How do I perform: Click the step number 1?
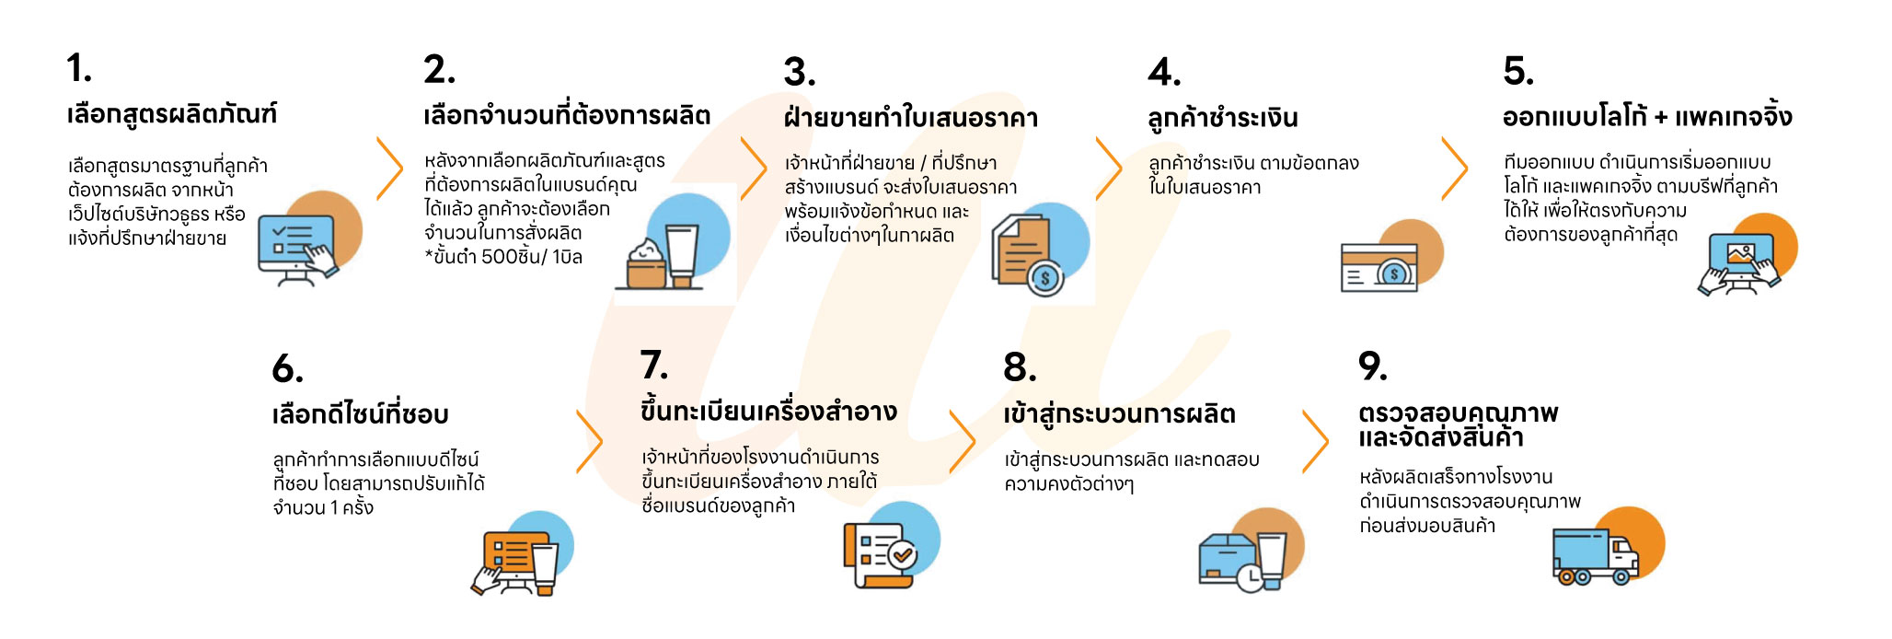pos(79,69)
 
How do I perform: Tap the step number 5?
pos(1517,72)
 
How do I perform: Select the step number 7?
pos(653,366)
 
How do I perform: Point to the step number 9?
pos(1372,366)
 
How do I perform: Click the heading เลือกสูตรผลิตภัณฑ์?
pos(171,114)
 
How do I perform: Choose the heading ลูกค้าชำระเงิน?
pos(1222,118)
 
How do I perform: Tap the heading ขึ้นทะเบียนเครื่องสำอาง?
pos(768,412)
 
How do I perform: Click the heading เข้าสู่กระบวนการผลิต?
pos(1119,414)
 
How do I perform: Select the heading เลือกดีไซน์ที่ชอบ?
pos(360,414)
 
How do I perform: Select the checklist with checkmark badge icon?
pos(881,552)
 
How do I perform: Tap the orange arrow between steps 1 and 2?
pos(390,168)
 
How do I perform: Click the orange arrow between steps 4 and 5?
pos(1455,168)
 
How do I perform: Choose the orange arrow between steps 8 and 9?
pos(1316,442)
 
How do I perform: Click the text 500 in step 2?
pos(502,257)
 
